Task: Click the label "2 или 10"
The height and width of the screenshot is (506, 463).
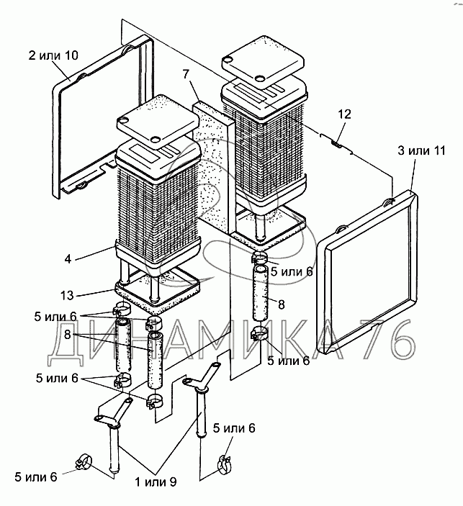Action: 53,55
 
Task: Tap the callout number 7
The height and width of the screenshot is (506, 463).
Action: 186,75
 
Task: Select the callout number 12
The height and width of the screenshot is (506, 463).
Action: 344,114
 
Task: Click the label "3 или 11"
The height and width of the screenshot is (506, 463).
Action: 421,150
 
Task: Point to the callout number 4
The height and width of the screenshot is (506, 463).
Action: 68,259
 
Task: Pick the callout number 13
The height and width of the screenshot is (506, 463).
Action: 67,295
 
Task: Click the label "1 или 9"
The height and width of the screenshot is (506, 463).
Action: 156,482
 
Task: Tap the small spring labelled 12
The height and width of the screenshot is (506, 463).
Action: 336,143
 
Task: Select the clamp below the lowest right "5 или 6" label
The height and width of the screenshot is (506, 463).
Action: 226,465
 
